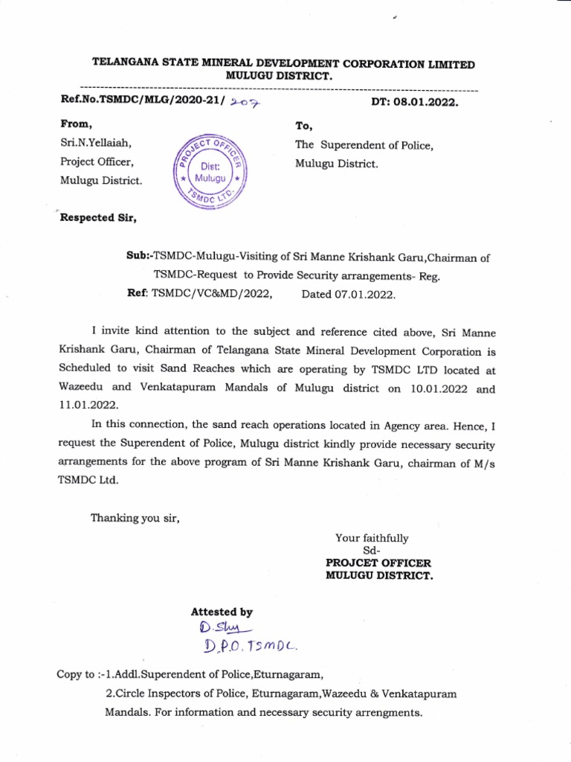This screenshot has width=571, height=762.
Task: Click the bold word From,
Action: tap(77, 124)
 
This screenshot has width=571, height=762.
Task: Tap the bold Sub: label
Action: tap(139, 257)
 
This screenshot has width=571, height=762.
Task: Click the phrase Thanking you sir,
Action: tap(135, 518)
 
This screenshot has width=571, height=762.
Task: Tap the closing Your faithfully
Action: tap(372, 537)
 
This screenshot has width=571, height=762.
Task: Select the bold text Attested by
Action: tap(222, 612)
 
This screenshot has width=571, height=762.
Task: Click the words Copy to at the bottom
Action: tap(78, 676)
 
